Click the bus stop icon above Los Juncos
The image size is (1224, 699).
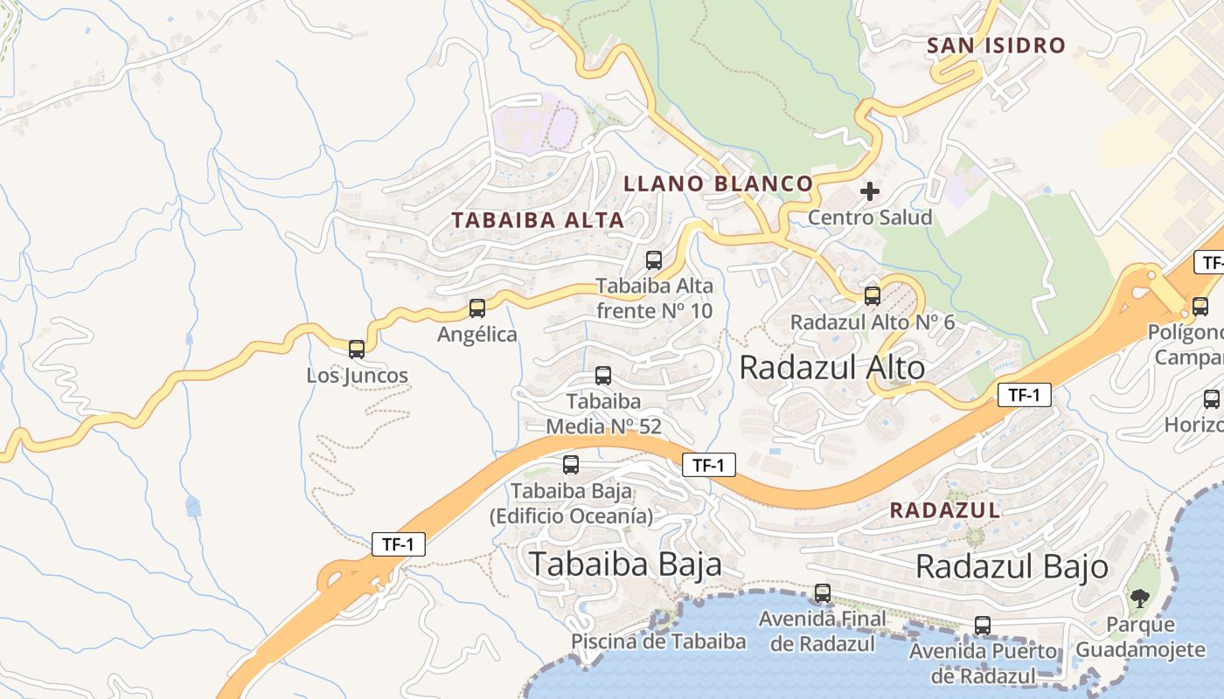pyautogui.click(x=357, y=349)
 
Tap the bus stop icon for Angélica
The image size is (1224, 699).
pyautogui.click(x=477, y=308)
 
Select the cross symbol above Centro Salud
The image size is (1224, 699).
pyautogui.click(x=870, y=191)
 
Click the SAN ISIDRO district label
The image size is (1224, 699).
pyautogui.click(x=996, y=45)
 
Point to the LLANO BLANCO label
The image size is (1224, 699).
pyautogui.click(x=718, y=183)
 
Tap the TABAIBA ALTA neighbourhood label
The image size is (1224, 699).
pyautogui.click(x=538, y=220)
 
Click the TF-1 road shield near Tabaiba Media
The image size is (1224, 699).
pyautogui.click(x=708, y=465)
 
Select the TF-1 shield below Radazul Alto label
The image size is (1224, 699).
pyautogui.click(x=1024, y=395)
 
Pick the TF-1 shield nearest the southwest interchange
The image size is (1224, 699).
pyautogui.click(x=399, y=544)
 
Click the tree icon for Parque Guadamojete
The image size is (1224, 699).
pyautogui.click(x=1139, y=599)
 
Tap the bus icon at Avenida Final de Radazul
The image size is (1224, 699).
pyautogui.click(x=823, y=593)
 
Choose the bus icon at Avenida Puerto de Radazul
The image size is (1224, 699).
pyautogui.click(x=983, y=626)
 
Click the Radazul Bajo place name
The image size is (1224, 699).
pyautogui.click(x=1012, y=567)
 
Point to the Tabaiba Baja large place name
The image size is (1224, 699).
pyautogui.click(x=625, y=564)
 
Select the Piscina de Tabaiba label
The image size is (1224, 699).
pyautogui.click(x=658, y=641)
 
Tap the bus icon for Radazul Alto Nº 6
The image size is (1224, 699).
pyautogui.click(x=873, y=296)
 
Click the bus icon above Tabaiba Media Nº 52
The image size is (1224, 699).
pyautogui.click(x=603, y=376)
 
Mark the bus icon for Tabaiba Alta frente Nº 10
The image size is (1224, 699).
pyautogui.click(x=654, y=260)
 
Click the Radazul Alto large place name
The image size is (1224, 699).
pyautogui.click(x=831, y=368)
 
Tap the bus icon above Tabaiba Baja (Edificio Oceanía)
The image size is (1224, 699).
pyautogui.click(x=571, y=465)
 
